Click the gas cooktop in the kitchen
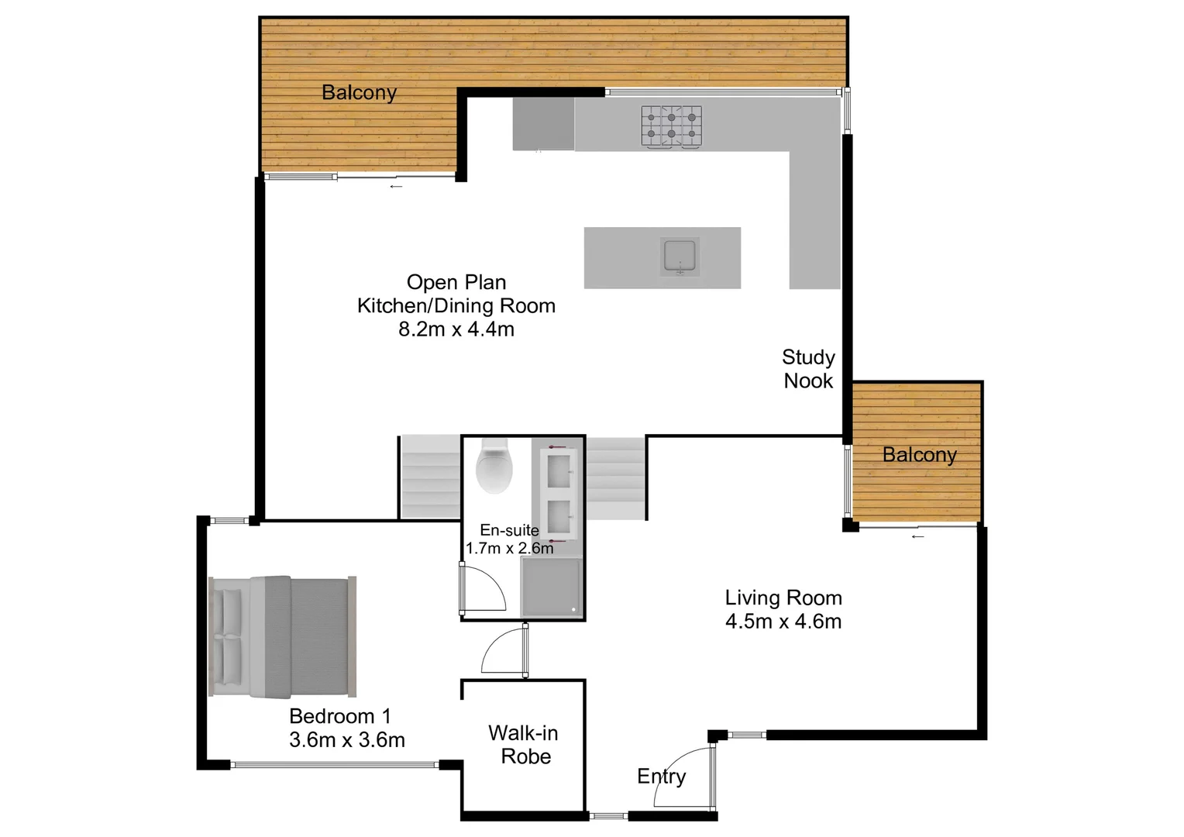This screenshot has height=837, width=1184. [x=671, y=126]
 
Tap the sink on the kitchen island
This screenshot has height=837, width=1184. [x=680, y=257]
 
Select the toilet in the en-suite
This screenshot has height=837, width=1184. [x=494, y=467]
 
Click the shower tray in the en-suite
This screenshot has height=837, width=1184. [x=551, y=587]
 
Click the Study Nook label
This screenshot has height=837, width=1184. [x=808, y=369]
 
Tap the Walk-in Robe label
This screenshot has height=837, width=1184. [x=524, y=745]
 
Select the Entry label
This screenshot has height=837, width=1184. [x=661, y=776]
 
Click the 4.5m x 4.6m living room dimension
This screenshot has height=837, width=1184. [x=783, y=622]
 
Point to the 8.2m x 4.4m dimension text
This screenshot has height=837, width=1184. [x=456, y=329]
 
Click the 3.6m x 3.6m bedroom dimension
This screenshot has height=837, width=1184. [x=347, y=740]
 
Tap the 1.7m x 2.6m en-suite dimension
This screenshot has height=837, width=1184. [x=509, y=549]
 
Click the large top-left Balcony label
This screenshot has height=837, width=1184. [x=359, y=93]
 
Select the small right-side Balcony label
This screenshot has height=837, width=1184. [x=919, y=455]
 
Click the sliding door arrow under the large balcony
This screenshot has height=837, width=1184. [x=396, y=187]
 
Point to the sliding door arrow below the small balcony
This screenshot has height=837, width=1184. [x=917, y=536]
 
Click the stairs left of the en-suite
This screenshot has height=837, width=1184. [x=430, y=477]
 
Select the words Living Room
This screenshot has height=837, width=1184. [x=783, y=598]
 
